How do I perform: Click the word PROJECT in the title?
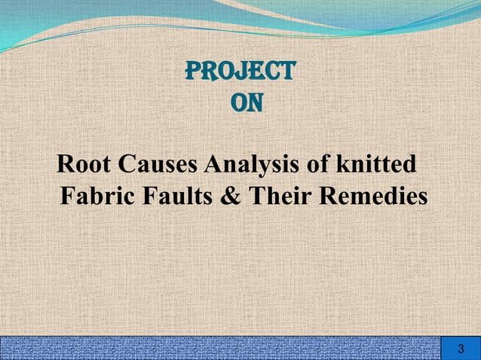tap(240, 72)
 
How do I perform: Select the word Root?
tap(83, 163)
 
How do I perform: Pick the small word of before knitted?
tap(323, 163)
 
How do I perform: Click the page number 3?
tap(461, 349)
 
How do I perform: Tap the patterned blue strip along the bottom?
tap(219, 349)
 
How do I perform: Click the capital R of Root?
tap(65, 163)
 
